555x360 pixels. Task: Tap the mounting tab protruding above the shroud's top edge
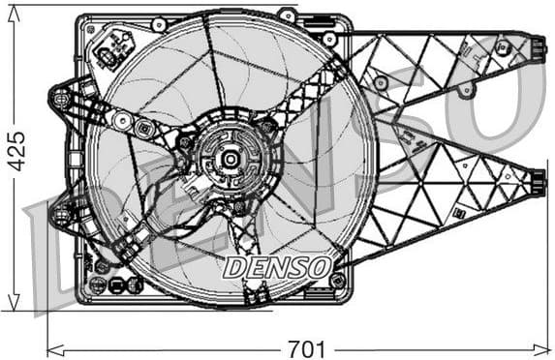[x=286, y=15]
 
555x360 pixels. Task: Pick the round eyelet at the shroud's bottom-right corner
[x=337, y=281]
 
